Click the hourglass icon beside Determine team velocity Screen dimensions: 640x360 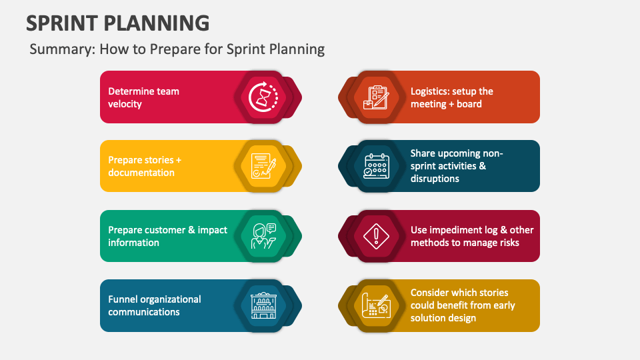click(x=263, y=97)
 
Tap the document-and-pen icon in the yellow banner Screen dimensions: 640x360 click(x=263, y=166)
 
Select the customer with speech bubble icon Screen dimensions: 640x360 click(x=263, y=236)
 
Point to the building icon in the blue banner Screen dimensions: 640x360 click(x=263, y=305)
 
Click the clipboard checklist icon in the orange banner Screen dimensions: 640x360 click(x=376, y=97)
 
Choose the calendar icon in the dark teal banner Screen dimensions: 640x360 click(x=376, y=166)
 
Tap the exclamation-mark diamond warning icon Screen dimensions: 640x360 click(x=376, y=236)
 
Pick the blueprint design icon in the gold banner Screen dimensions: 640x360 click(x=376, y=306)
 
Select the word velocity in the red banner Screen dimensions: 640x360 click(x=125, y=104)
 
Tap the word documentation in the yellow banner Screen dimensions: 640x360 click(x=141, y=173)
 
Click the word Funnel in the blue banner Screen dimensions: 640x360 click(x=121, y=299)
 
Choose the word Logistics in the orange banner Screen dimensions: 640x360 click(x=428, y=92)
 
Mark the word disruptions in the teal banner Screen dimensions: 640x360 click(x=435, y=179)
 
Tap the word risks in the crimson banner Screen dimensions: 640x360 click(x=509, y=243)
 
